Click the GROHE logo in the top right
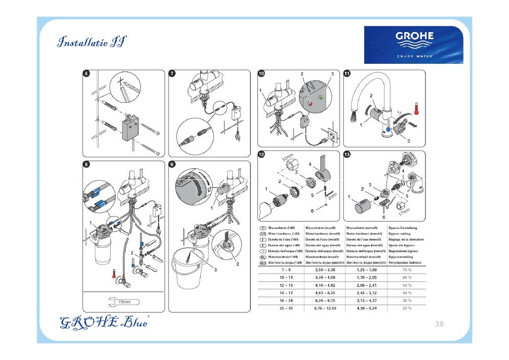point(414,45)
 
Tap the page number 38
point(439,324)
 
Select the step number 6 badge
point(86,73)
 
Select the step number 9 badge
point(172,164)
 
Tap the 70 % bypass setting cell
point(407,270)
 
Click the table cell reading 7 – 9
point(286,270)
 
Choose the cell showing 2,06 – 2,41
point(366,285)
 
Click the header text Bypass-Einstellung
point(403,227)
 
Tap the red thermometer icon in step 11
point(417,108)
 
